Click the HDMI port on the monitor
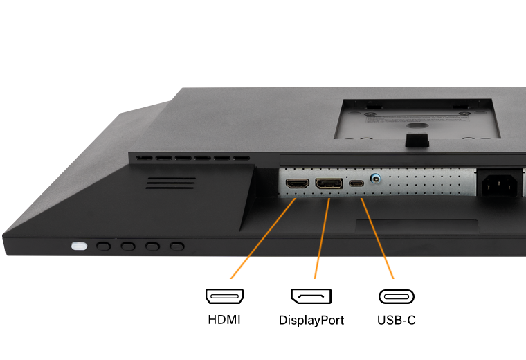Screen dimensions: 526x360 tap(297, 183)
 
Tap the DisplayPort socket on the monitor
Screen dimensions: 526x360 tap(329, 183)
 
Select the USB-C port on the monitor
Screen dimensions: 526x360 tap(356, 183)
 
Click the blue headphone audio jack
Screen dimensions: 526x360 tap(375, 179)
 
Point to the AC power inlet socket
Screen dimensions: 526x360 tap(500, 186)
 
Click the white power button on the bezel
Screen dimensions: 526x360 tap(79, 246)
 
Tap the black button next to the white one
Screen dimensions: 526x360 tap(103, 246)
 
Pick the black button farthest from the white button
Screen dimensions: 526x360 tap(176, 246)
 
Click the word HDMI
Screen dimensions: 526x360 tap(224, 320)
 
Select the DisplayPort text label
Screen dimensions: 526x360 tap(311, 321)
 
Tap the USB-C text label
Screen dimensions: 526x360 tap(396, 320)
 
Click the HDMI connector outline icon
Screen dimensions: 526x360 tap(224, 296)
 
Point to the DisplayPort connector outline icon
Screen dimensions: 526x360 tap(311, 296)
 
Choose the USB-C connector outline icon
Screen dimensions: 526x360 tap(397, 296)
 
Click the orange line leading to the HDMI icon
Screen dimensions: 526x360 tap(263, 239)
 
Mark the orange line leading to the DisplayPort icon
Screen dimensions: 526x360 tap(322, 239)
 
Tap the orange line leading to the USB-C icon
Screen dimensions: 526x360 tap(377, 239)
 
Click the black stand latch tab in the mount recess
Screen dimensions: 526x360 tap(417, 141)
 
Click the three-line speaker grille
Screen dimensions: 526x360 tap(170, 183)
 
